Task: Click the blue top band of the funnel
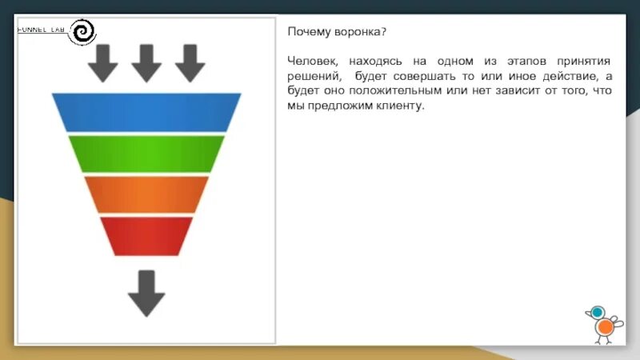pyautogui.click(x=146, y=111)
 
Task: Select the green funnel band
pyautogui.click(x=146, y=153)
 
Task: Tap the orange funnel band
pyautogui.click(x=146, y=194)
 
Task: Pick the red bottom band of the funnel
pyautogui.click(x=146, y=235)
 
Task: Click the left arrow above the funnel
pyautogui.click(x=102, y=63)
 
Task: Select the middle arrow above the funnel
pyautogui.click(x=146, y=63)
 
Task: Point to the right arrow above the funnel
pyautogui.click(x=190, y=63)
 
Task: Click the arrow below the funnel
pyautogui.click(x=146, y=292)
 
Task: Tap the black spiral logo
pyautogui.click(x=83, y=32)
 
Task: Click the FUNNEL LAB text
pyautogui.click(x=42, y=30)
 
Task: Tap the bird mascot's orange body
pyautogui.click(x=606, y=326)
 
